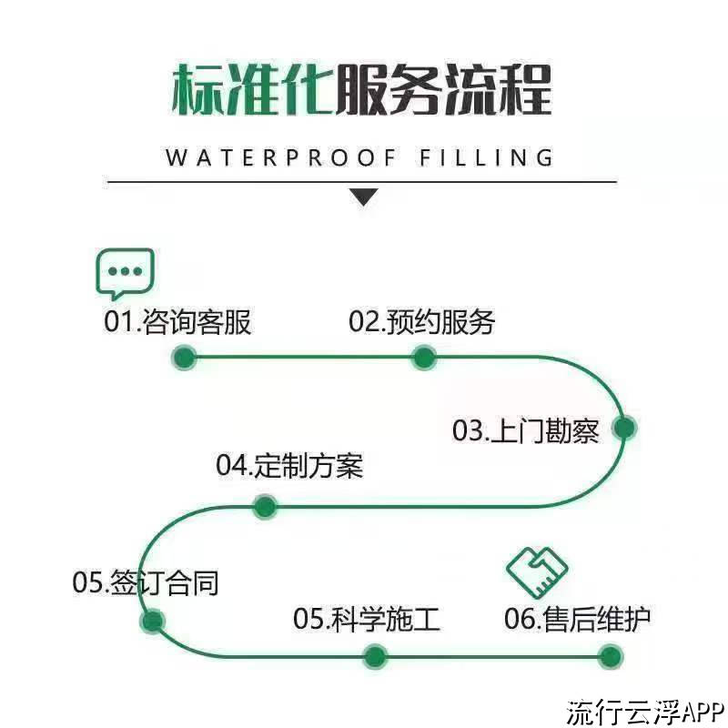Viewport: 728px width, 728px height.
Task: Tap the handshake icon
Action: tap(537, 572)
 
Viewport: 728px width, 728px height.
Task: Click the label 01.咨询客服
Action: tap(177, 321)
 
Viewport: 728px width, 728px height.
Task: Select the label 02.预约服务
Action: tap(422, 321)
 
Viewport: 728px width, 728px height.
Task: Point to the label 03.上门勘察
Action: tap(526, 430)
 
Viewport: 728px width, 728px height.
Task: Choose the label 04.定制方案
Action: tap(289, 465)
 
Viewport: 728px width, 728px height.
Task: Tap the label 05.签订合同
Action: tap(146, 581)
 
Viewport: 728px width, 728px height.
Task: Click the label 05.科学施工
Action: tap(367, 619)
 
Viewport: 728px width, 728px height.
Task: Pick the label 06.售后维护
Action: tap(578, 619)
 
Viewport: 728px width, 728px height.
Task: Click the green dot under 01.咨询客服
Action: tap(185, 358)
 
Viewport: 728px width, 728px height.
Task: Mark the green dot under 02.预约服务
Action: tap(424, 358)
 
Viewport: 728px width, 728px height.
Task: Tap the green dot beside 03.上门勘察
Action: tap(624, 428)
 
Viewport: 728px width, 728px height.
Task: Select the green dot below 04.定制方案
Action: tap(265, 506)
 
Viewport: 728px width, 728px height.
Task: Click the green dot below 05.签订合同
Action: tap(152, 621)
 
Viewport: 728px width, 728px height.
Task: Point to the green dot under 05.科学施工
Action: tap(375, 657)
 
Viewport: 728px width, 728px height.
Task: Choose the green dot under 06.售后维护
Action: tap(611, 657)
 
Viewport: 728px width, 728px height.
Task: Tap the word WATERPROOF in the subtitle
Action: tap(281, 157)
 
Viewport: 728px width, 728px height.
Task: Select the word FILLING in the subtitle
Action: tap(486, 157)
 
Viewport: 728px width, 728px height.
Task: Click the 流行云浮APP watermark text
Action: tap(645, 712)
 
